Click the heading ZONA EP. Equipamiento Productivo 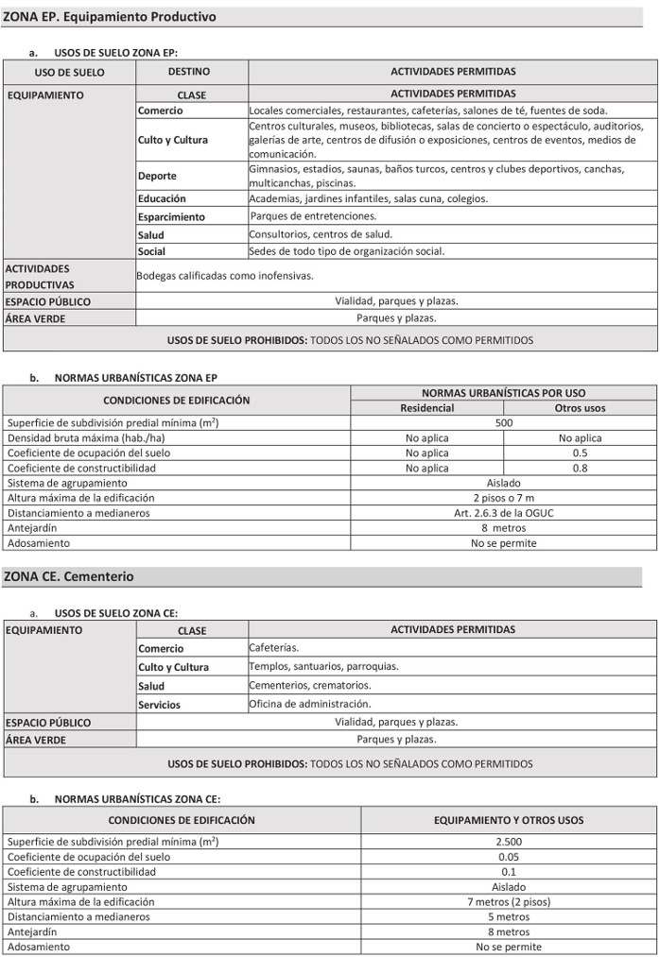click(x=110, y=17)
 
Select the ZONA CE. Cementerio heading click(x=69, y=576)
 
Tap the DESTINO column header click(x=189, y=72)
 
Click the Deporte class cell click(x=157, y=176)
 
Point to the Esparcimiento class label click(x=171, y=217)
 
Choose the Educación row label click(x=162, y=199)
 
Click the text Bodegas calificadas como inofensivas click(x=225, y=276)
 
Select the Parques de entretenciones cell click(x=313, y=216)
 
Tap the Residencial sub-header click(x=426, y=408)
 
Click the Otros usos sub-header click(x=580, y=408)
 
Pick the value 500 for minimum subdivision click(x=504, y=423)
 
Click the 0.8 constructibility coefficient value click(x=580, y=468)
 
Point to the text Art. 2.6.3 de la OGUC click(x=504, y=513)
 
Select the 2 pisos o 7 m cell click(x=504, y=498)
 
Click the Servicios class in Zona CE click(x=159, y=705)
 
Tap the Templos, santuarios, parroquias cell click(x=323, y=667)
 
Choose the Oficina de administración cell click(x=311, y=704)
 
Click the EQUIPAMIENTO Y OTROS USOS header click(x=509, y=820)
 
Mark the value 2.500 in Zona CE click(x=509, y=842)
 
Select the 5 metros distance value click(x=509, y=916)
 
